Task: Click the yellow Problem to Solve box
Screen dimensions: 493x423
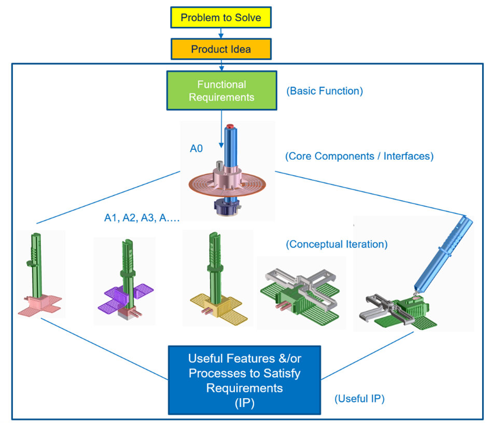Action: pyautogui.click(x=221, y=18)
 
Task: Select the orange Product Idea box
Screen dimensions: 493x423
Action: pyautogui.click(x=221, y=49)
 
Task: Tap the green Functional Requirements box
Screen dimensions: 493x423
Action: pyautogui.click(x=222, y=91)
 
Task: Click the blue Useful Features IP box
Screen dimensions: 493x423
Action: pyautogui.click(x=245, y=380)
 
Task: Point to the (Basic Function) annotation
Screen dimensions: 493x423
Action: pyautogui.click(x=325, y=91)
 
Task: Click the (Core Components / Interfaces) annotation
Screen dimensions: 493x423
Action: pyautogui.click(x=359, y=156)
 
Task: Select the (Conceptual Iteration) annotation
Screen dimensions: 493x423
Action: pyautogui.click(x=337, y=244)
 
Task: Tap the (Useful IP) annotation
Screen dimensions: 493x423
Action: pyautogui.click(x=359, y=399)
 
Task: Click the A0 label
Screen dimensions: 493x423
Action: pyautogui.click(x=196, y=148)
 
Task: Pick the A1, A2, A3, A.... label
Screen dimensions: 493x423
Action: pyautogui.click(x=142, y=218)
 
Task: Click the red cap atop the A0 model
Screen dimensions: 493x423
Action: pyautogui.click(x=230, y=126)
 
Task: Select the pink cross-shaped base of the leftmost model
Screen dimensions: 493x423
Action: pyautogui.click(x=40, y=304)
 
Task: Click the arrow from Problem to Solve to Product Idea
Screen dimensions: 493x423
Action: pyautogui.click(x=221, y=33)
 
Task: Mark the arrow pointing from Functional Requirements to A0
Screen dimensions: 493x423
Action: pyautogui.click(x=221, y=129)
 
